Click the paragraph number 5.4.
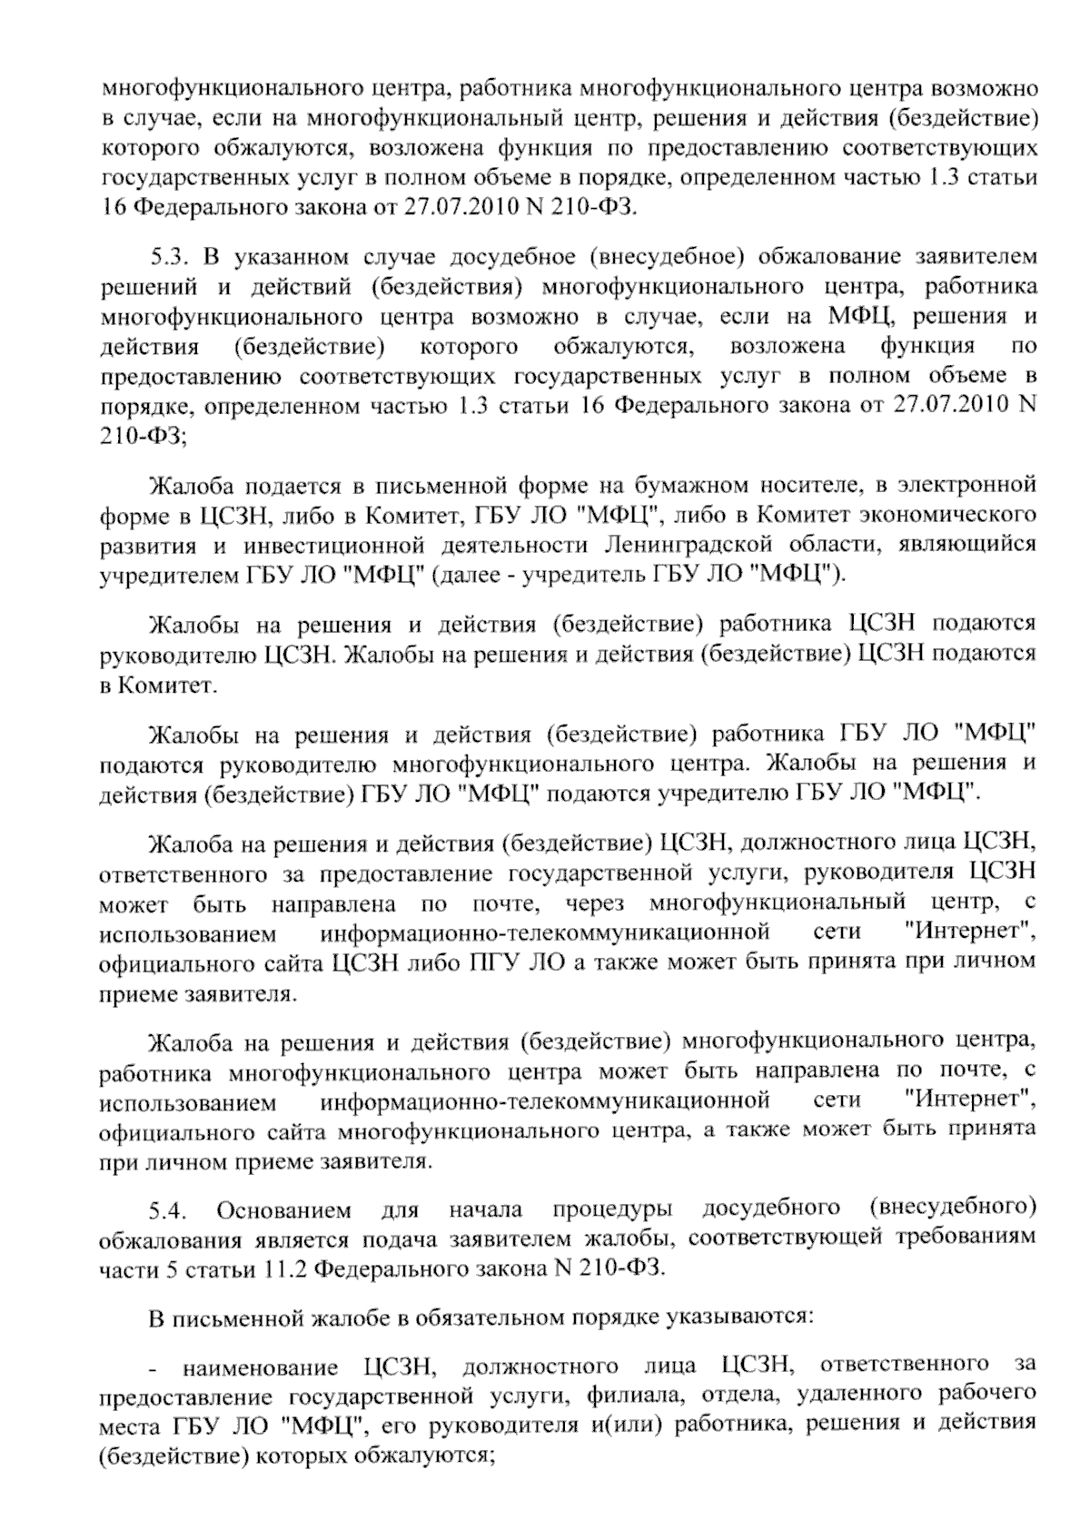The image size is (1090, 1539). click(x=170, y=1210)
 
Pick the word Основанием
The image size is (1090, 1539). click(x=283, y=1210)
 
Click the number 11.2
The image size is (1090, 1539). click(x=285, y=1268)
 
